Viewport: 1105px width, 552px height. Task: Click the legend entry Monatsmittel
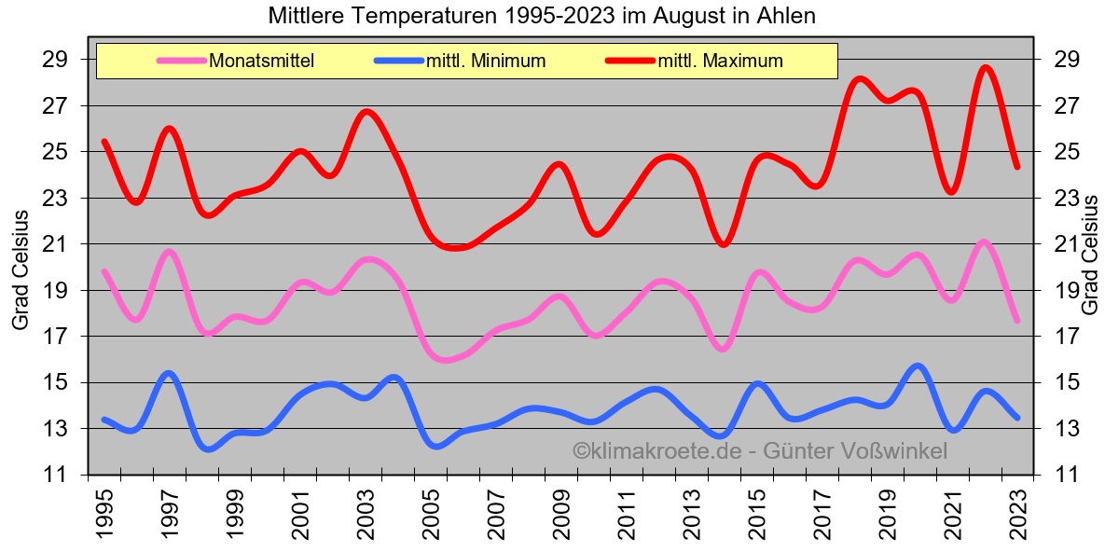[261, 62]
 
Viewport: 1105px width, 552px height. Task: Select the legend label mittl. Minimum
[485, 62]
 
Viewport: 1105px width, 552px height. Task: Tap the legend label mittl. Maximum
[720, 62]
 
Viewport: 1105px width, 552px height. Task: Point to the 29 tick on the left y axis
[57, 60]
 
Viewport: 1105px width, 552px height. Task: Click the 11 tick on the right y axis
[1067, 475]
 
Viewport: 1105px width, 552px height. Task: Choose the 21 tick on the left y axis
[57, 244]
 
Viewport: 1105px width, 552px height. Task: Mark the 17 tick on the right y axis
[1067, 337]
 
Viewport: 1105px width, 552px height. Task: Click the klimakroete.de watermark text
[759, 451]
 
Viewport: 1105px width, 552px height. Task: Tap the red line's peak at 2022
[986, 68]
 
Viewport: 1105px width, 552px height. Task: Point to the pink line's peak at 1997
[169, 251]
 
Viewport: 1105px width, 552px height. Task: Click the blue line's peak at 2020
[919, 366]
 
